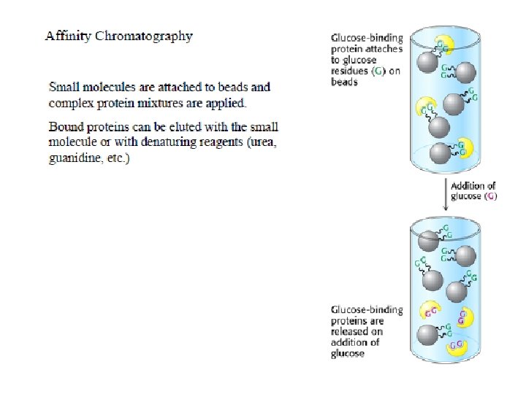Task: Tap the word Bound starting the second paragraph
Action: [66, 127]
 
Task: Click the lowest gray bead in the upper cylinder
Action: [440, 154]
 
